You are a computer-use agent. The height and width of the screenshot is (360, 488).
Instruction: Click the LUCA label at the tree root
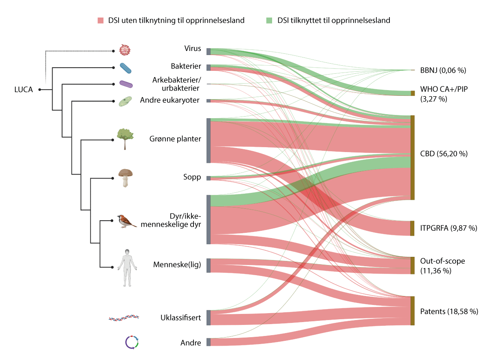click(23, 89)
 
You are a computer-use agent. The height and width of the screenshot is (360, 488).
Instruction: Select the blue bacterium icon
click(126, 68)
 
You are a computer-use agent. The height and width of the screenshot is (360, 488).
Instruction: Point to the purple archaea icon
click(126, 84)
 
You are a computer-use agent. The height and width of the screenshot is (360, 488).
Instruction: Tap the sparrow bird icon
click(126, 221)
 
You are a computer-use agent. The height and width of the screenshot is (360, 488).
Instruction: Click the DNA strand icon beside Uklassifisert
click(124, 317)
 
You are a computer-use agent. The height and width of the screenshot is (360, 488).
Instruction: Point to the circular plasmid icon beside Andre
click(131, 342)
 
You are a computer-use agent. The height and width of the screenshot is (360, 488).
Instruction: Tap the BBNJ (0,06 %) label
click(443, 70)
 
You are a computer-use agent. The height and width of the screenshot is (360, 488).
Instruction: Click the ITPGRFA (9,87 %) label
click(448, 228)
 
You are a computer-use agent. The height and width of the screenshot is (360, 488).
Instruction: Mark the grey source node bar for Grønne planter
click(208, 140)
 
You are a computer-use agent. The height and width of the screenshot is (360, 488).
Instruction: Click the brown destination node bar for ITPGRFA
click(412, 228)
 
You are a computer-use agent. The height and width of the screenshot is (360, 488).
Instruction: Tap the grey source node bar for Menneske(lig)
click(208, 265)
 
